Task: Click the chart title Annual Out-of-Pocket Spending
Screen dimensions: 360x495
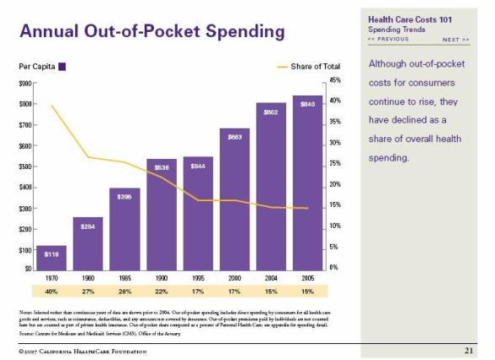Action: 152,33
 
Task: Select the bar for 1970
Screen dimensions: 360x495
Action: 51,257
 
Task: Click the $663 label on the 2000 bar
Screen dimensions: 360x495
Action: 235,136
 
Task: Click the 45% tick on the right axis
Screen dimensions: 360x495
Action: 334,80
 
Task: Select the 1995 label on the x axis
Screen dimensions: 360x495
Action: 198,277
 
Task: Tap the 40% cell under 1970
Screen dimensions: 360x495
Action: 51,291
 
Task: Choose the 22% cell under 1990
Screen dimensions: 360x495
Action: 161,291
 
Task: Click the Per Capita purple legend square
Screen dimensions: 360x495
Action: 62,66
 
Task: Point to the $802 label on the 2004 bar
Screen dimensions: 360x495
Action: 271,111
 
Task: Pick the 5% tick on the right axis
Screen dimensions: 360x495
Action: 334,246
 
